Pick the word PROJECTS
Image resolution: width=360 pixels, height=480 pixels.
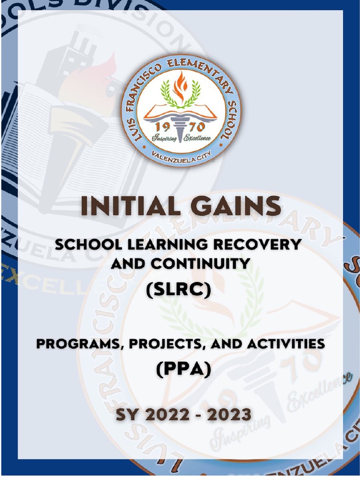[166, 344]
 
